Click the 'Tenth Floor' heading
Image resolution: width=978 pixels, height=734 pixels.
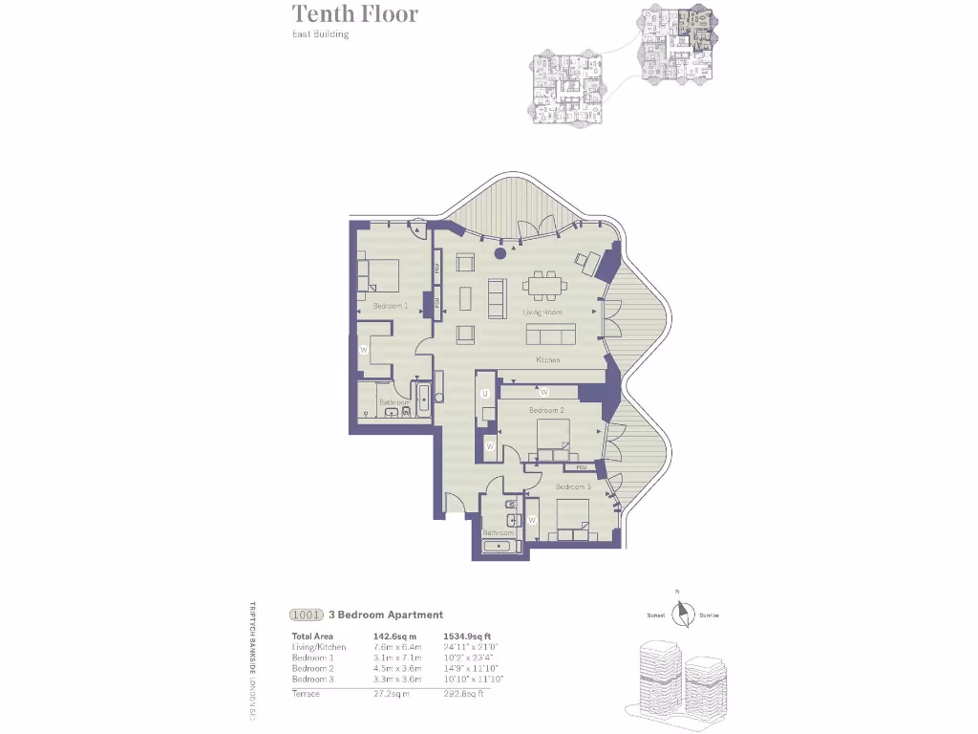[354, 14]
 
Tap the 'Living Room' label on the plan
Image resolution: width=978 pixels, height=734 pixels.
[542, 313]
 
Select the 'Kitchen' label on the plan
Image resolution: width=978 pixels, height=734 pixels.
[547, 360]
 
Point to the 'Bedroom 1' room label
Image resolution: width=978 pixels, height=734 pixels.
[391, 306]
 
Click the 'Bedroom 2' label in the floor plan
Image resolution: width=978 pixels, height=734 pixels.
[546, 410]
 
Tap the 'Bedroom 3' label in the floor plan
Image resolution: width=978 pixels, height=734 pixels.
[573, 486]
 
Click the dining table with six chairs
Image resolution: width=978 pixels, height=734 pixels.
[544, 285]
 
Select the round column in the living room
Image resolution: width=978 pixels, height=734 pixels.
[500, 255]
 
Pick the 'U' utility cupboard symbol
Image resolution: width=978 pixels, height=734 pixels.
[485, 394]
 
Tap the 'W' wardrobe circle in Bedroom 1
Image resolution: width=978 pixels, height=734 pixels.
[364, 351]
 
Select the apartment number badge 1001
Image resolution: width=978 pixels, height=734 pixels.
[306, 615]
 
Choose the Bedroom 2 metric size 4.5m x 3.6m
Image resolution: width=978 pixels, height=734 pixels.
[394, 668]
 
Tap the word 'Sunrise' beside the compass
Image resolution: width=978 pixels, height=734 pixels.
[709, 615]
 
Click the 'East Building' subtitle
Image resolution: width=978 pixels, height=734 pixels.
[320, 34]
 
